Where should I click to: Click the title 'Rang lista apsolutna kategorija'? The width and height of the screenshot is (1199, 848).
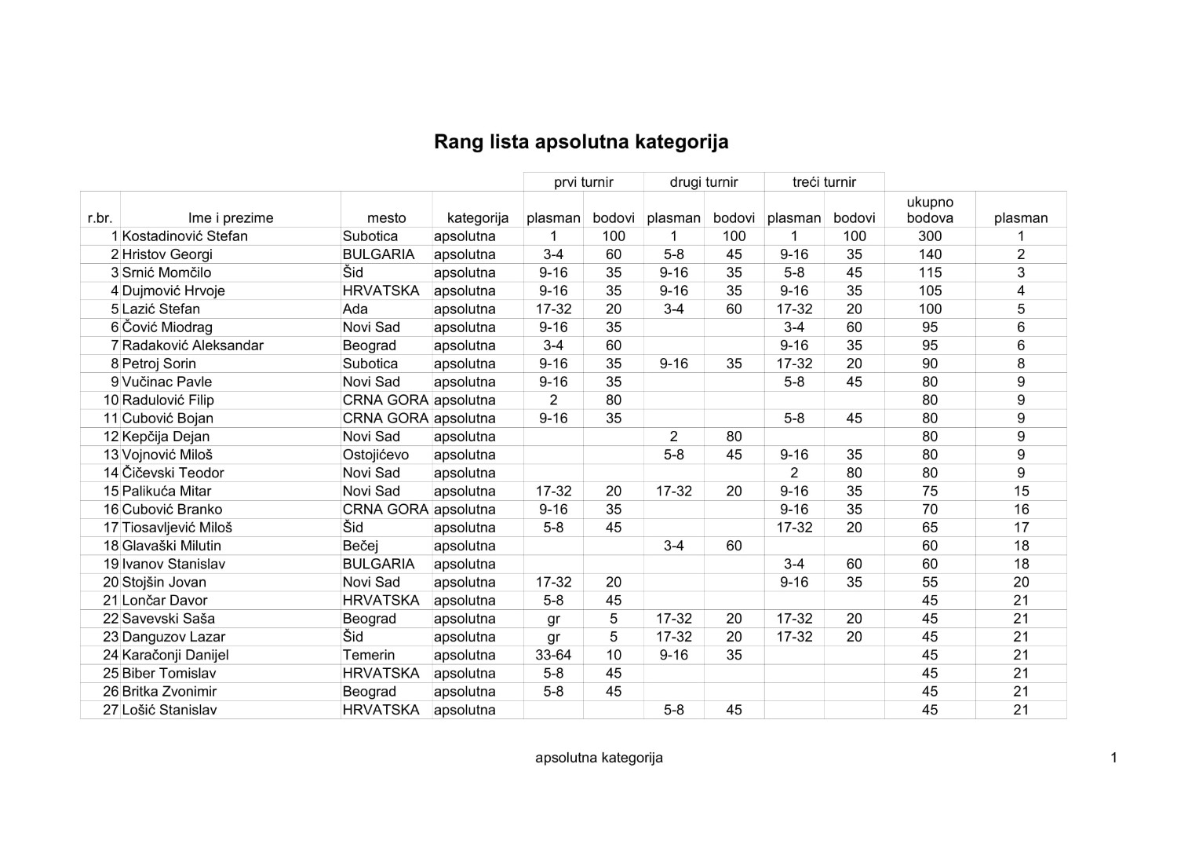(x=581, y=142)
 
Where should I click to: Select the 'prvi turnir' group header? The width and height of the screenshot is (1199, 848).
(x=583, y=182)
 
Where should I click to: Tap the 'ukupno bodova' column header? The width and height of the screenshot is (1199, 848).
(x=929, y=210)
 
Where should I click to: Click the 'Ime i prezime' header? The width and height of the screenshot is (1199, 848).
(x=231, y=218)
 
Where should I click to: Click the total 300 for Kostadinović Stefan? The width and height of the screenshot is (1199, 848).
(x=929, y=236)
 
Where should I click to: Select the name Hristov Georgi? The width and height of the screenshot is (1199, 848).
(x=167, y=254)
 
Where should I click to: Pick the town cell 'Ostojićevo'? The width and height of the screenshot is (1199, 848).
(x=376, y=455)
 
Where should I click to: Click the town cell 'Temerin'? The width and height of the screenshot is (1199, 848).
(x=369, y=655)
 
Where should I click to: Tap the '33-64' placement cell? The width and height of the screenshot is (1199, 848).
(x=553, y=655)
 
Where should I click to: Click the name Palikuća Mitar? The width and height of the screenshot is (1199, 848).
(x=166, y=491)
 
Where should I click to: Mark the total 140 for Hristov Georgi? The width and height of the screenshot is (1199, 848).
(x=929, y=254)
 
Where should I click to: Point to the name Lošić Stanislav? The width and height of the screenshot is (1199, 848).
(x=169, y=710)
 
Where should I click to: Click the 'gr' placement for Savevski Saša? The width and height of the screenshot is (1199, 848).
(x=553, y=619)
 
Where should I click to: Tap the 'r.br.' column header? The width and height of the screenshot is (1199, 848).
(x=100, y=218)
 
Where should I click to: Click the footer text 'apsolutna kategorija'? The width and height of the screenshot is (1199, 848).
(x=599, y=758)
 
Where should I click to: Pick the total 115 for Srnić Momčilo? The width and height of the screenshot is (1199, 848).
(x=929, y=272)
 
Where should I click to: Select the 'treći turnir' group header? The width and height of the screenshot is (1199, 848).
(x=824, y=182)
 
